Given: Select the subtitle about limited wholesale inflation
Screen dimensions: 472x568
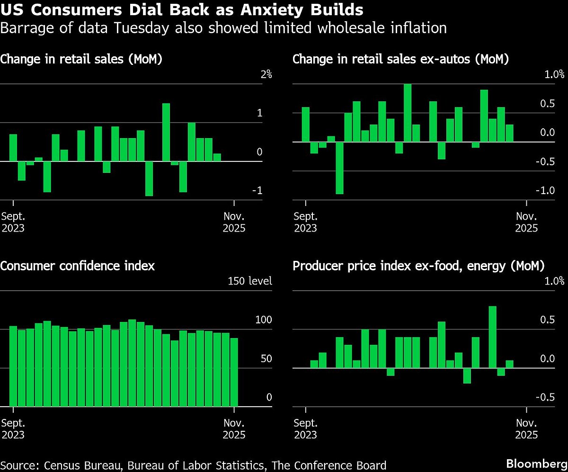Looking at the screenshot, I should pyautogui.click(x=223, y=28).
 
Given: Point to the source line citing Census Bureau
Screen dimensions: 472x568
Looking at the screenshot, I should pyautogui.click(x=194, y=465).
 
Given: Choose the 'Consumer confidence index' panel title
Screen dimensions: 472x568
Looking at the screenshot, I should pyautogui.click(x=78, y=266).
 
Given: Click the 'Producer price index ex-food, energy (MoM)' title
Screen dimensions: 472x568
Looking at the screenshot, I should pyautogui.click(x=418, y=266).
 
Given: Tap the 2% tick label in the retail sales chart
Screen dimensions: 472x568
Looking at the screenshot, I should pyautogui.click(x=266, y=74).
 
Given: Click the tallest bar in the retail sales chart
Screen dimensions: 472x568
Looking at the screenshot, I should pyautogui.click(x=166, y=132).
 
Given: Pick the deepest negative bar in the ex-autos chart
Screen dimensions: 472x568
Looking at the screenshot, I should pyautogui.click(x=339, y=168).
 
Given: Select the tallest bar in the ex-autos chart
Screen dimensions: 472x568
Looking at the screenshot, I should pyautogui.click(x=407, y=113).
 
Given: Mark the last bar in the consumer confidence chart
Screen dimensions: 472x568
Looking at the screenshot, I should pyautogui.click(x=234, y=372).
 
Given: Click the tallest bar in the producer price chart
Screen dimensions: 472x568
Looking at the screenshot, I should pyautogui.click(x=492, y=337).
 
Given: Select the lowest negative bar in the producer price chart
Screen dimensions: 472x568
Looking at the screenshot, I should pyautogui.click(x=467, y=376).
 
